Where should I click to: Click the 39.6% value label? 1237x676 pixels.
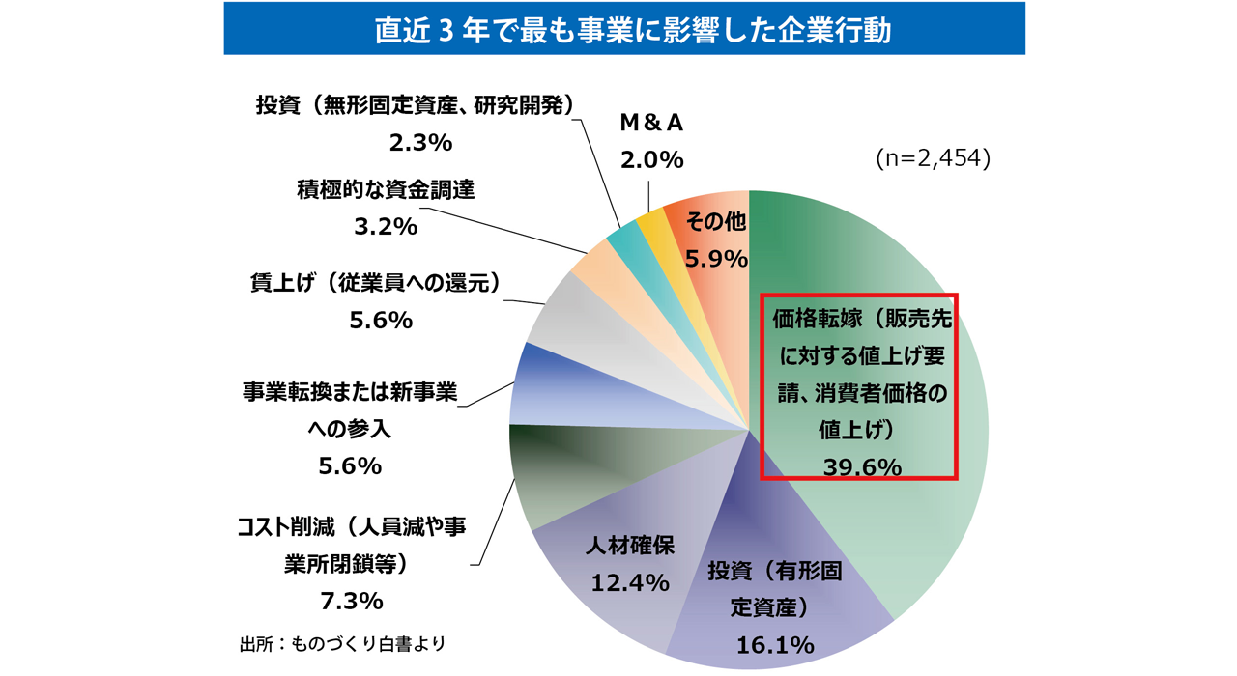coord(862,467)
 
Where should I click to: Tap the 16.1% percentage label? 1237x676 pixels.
coord(774,644)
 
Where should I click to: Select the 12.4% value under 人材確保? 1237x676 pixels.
coord(629,582)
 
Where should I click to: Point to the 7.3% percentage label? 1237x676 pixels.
coord(351,601)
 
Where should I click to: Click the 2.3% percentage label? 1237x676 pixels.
coord(419,143)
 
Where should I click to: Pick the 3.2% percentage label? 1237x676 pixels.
coord(385,227)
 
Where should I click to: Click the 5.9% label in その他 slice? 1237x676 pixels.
coord(716,259)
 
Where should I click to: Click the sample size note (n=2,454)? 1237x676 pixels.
coord(933,158)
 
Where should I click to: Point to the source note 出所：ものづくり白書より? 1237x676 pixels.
coord(342,643)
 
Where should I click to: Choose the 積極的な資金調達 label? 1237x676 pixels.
coord(385,190)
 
